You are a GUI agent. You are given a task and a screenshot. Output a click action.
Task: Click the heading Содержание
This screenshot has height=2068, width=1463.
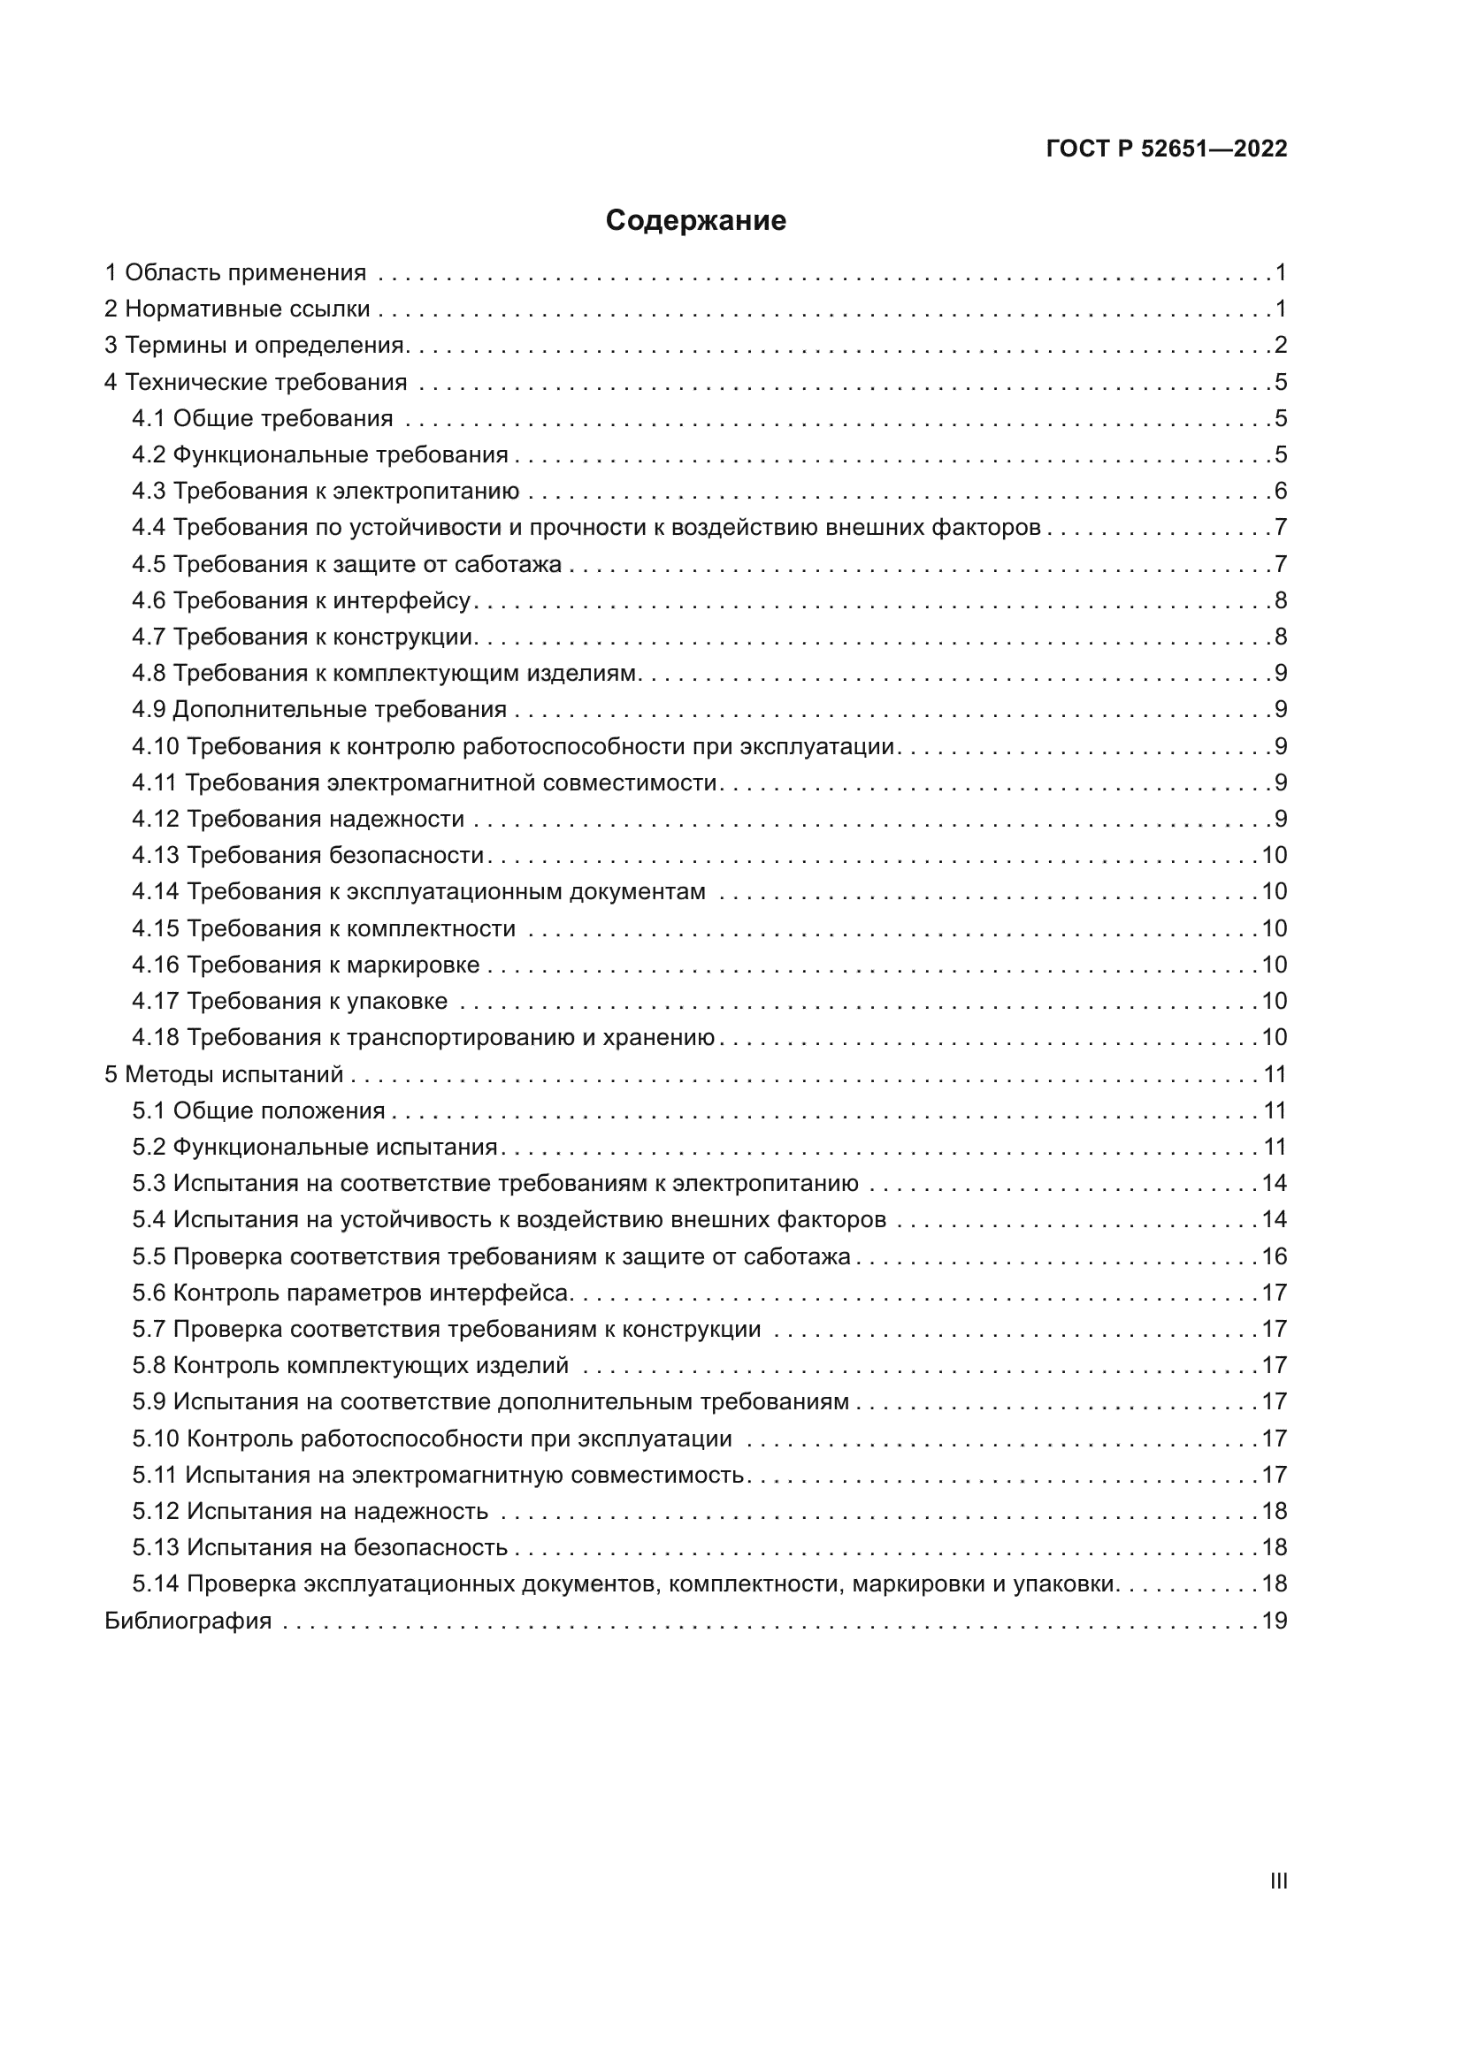(x=695, y=221)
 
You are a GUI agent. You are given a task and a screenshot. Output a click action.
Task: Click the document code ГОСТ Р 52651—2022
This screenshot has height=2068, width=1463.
(x=1167, y=149)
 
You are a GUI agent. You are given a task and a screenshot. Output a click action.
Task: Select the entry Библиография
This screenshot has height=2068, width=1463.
(x=188, y=1621)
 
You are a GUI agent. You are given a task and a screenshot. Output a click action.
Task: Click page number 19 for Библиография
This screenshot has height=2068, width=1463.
(x=1275, y=1621)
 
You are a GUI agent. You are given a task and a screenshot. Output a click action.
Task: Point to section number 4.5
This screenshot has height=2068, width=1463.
(x=149, y=564)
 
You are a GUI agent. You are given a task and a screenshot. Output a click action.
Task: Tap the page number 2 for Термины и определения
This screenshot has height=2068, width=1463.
(x=1281, y=345)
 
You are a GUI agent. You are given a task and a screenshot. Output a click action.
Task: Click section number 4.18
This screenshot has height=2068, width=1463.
(x=155, y=1038)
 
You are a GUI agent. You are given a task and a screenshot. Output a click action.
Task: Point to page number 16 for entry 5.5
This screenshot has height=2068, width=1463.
(x=1275, y=1256)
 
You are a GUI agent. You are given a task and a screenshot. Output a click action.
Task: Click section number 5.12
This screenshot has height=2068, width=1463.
(x=155, y=1510)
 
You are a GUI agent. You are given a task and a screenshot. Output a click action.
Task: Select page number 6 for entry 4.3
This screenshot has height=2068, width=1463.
(x=1281, y=491)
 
